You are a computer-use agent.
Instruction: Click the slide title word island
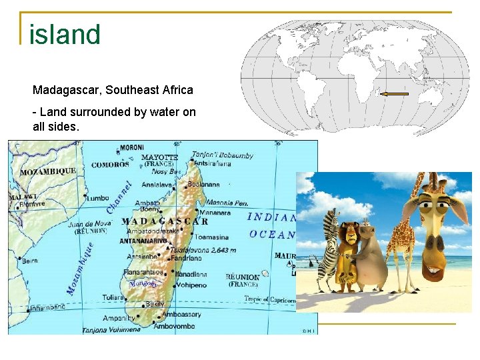pyautogui.click(x=65, y=34)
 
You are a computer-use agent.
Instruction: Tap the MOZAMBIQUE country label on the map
pyautogui.click(x=48, y=171)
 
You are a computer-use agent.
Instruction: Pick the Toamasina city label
pyautogui.click(x=212, y=237)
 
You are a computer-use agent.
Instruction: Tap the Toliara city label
pyautogui.click(x=113, y=297)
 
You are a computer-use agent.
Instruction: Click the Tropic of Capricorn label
pyautogui.click(x=269, y=299)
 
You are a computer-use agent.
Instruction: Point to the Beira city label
pyautogui.click(x=30, y=261)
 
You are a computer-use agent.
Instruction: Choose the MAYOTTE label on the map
pyautogui.click(x=160, y=157)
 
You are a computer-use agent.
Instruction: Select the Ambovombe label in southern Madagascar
pyautogui.click(x=174, y=327)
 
